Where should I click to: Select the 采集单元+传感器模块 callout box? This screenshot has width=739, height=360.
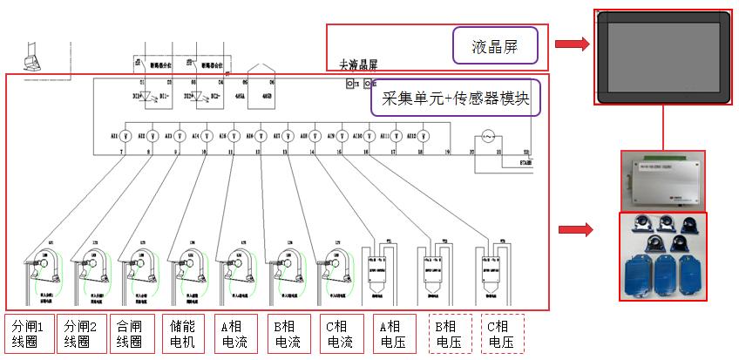click(455, 98)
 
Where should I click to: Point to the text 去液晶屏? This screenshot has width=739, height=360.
click(359, 65)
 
